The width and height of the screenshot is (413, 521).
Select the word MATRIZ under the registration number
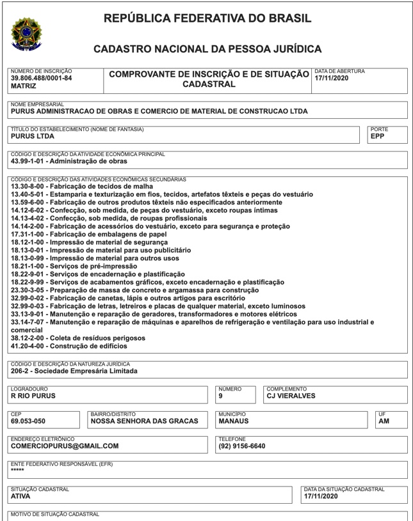pyautogui.click(x=24, y=86)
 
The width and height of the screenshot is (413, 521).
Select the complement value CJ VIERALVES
pyautogui.click(x=291, y=396)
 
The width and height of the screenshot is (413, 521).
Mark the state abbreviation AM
pyautogui.click(x=384, y=421)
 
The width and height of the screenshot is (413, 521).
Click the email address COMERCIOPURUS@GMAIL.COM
pyautogui.click(x=65, y=446)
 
